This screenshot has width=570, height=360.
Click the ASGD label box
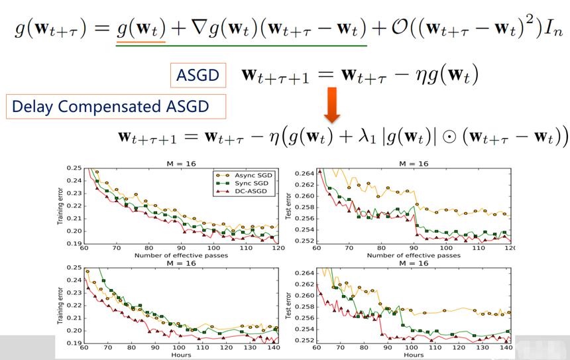click(198, 76)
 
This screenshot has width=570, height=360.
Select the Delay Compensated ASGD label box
click(116, 107)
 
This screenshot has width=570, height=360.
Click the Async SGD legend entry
click(243, 175)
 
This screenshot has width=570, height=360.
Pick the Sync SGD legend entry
click(243, 183)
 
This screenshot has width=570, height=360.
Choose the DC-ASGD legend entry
click(243, 192)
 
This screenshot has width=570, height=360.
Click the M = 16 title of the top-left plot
click(181, 164)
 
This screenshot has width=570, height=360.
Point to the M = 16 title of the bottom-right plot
click(414, 263)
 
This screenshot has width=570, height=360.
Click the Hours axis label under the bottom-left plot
click(181, 355)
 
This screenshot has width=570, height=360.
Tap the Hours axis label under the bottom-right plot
click(414, 355)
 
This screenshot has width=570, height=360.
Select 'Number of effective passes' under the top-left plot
click(181, 255)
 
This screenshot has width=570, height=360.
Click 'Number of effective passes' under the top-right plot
click(414, 255)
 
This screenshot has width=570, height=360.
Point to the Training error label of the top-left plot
click(60, 206)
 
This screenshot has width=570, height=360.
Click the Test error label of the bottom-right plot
click(288, 306)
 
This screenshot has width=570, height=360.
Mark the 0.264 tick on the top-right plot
click(304, 174)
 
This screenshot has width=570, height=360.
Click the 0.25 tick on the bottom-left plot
click(74, 268)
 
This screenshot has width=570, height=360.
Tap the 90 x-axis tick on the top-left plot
click(181, 248)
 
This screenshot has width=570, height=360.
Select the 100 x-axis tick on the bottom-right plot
click(412, 347)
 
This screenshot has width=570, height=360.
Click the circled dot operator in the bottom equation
click(449, 138)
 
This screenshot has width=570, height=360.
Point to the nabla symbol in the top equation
click(199, 28)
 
